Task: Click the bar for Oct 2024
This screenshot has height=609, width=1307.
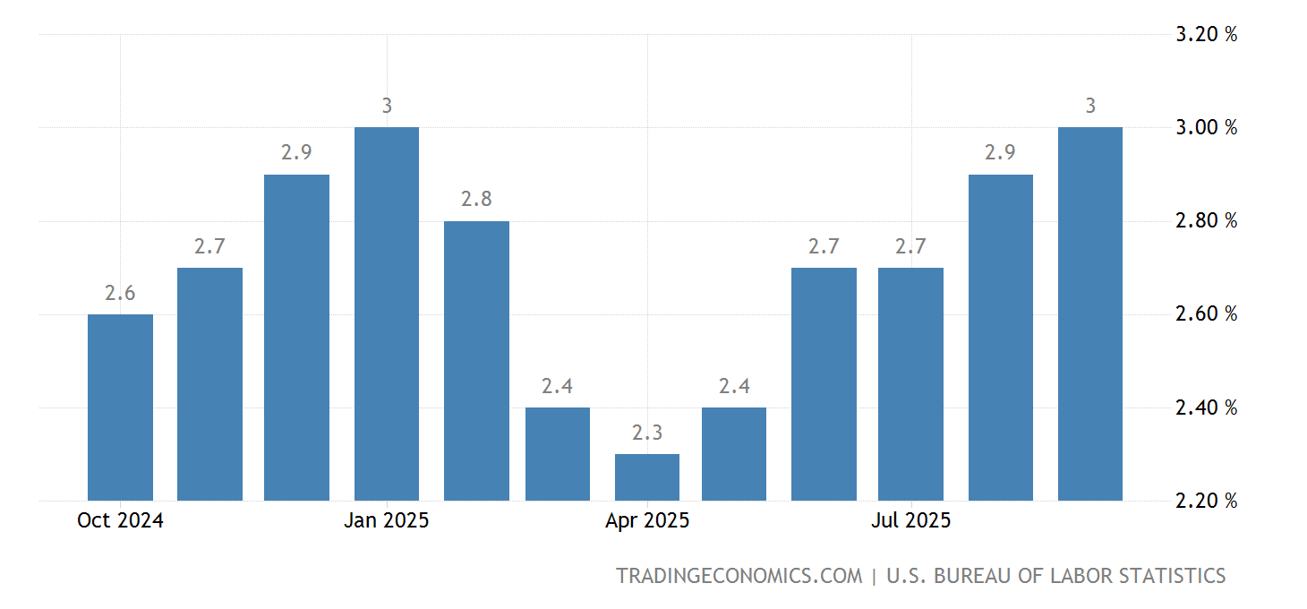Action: [x=120, y=407]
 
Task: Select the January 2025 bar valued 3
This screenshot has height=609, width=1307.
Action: [x=387, y=313]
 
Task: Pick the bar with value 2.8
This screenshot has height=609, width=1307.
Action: [x=476, y=360]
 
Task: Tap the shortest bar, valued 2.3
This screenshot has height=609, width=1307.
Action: [x=647, y=477]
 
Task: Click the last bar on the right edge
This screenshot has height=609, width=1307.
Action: [x=1089, y=313]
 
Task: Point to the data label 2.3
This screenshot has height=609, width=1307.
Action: [x=647, y=433]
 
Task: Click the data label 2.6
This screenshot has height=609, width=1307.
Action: [x=120, y=293]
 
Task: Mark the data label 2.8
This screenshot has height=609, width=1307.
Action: [x=476, y=200]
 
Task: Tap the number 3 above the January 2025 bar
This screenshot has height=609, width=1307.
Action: [x=387, y=106]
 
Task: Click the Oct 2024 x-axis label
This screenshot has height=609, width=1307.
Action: [x=120, y=521]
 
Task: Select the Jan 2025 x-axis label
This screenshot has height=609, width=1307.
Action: [x=387, y=521]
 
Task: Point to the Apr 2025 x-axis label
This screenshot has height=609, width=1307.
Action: [x=647, y=521]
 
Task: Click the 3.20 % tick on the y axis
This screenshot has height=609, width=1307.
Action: [x=1206, y=35]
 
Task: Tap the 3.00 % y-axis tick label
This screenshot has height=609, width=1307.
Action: [x=1206, y=128]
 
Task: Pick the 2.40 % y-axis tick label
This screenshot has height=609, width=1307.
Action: [x=1206, y=408]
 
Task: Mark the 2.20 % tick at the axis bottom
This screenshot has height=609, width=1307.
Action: [x=1206, y=502]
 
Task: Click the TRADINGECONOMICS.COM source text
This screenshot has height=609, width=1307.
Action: [x=739, y=576]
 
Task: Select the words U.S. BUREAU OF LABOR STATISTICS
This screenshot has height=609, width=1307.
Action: [x=1055, y=576]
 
